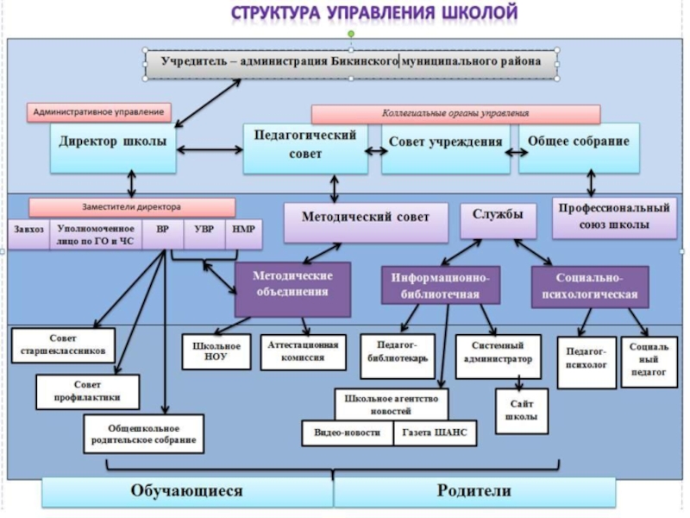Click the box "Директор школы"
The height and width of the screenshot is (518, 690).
tap(112, 148)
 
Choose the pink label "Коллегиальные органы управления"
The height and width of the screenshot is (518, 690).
tap(455, 114)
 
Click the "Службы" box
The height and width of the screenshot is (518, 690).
tap(492, 220)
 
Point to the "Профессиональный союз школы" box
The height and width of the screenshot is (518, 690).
tap(613, 218)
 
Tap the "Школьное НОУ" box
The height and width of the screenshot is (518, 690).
tap(216, 351)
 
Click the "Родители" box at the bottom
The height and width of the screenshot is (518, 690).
tap(474, 491)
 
